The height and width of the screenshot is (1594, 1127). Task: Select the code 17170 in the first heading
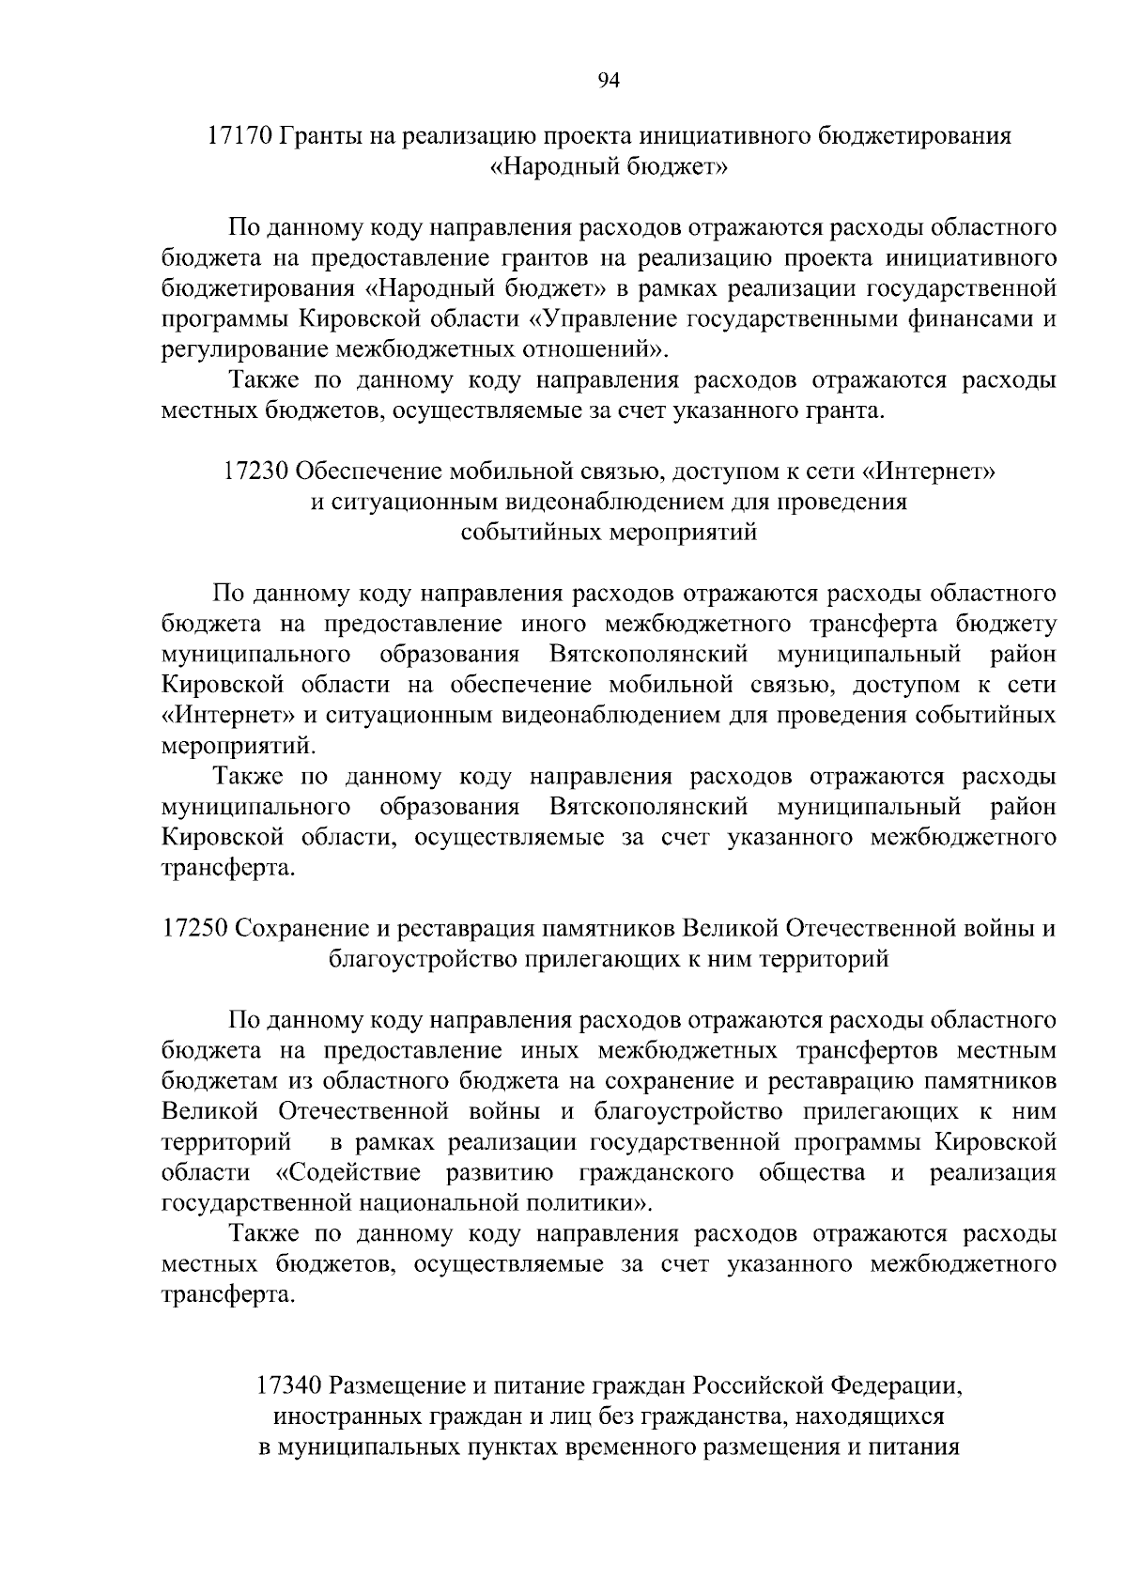tap(239, 136)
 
